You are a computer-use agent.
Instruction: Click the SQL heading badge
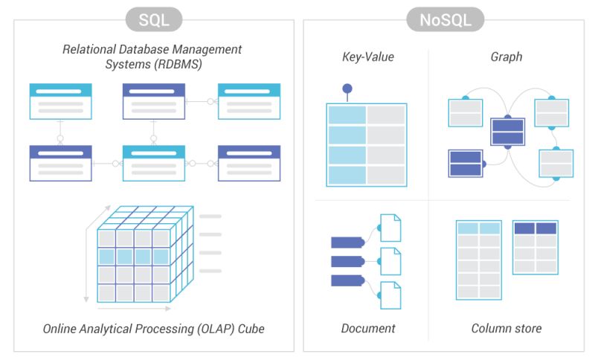coord(155,19)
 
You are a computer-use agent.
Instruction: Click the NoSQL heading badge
coord(445,19)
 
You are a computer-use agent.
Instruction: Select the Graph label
coord(506,57)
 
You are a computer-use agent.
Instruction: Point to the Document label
coord(368,328)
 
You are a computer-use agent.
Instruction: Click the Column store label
coord(506,328)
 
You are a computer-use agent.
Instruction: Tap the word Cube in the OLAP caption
coord(248,328)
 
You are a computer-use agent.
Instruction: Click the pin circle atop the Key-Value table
coord(347,89)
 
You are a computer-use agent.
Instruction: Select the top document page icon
coord(390,228)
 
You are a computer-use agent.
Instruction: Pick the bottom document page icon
coord(390,295)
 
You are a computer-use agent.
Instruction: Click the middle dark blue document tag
coord(347,261)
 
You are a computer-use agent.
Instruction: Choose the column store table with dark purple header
coord(535,248)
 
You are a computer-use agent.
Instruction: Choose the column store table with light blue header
coord(478,258)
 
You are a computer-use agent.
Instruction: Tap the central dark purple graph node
coord(508,132)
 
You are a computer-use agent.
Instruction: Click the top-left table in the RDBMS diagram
coord(60,101)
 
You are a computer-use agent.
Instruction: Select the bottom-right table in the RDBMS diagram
coord(249,162)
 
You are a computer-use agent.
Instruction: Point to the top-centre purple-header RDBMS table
coord(154,101)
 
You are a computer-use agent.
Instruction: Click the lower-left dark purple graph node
coord(466,164)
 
